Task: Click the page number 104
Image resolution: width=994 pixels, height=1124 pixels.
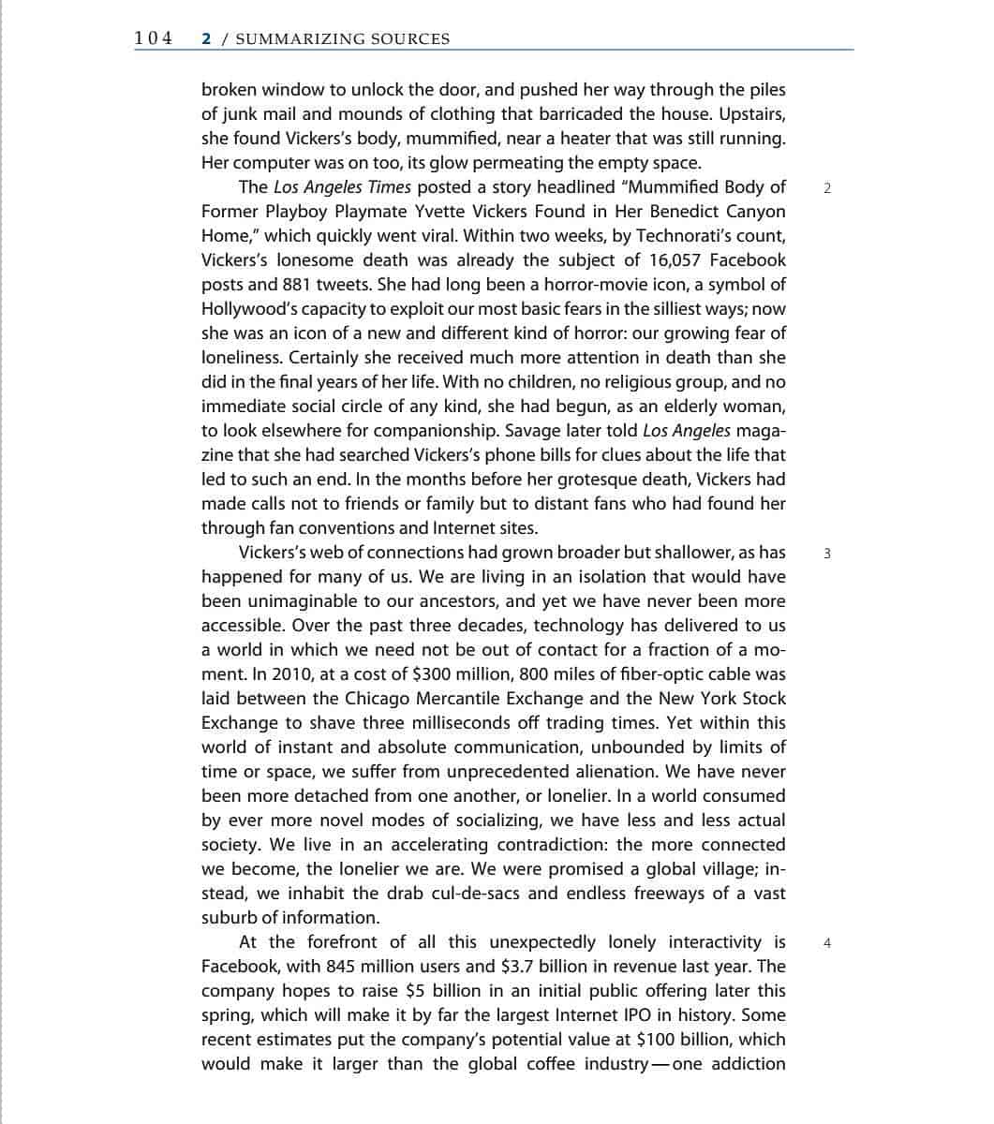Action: (154, 38)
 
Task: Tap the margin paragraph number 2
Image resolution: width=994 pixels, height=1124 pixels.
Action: (826, 187)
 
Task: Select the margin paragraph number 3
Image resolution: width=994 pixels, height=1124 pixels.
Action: (826, 553)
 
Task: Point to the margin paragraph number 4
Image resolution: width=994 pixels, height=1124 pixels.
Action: (826, 942)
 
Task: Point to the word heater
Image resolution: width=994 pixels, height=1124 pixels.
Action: (562, 139)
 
